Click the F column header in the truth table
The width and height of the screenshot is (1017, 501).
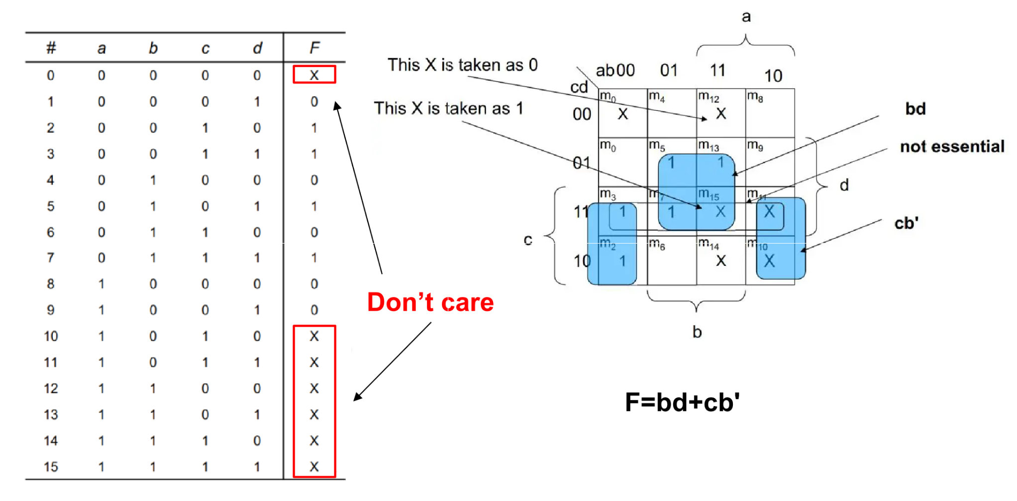[314, 48]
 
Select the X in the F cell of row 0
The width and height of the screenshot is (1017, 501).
[314, 75]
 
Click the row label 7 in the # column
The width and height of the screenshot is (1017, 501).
[50, 257]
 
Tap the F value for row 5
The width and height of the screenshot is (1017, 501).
[314, 206]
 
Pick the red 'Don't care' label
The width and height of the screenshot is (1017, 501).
[430, 302]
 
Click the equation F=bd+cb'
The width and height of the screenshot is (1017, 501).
[682, 402]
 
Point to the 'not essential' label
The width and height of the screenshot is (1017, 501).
[952, 147]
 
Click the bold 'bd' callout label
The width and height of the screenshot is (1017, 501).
[915, 109]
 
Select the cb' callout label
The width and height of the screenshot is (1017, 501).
[906, 223]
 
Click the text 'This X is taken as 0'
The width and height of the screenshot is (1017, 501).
[462, 65]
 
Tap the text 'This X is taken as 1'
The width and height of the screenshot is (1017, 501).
[448, 108]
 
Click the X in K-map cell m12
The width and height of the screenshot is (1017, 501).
[721, 114]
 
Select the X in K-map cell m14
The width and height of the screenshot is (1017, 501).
[721, 261]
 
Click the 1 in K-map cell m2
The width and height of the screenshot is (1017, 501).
[622, 261]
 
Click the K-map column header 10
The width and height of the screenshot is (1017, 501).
[773, 76]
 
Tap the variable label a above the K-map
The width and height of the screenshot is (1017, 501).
[746, 17]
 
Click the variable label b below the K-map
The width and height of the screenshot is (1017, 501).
[697, 332]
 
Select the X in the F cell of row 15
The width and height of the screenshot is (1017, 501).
[314, 467]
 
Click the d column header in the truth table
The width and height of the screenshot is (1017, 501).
[257, 48]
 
